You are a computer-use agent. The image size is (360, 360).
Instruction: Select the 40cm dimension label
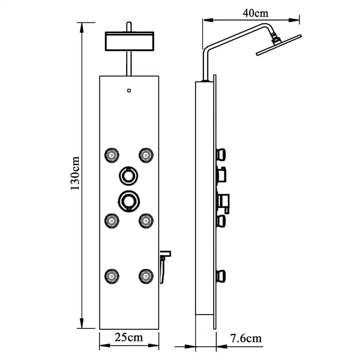coord(255,13)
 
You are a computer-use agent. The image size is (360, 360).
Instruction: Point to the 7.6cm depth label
coord(246,339)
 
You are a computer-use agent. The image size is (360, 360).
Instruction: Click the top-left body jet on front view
coord(112,155)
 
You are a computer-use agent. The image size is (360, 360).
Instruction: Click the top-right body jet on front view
coord(146,155)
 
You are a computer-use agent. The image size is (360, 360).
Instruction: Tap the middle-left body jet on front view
coord(112,220)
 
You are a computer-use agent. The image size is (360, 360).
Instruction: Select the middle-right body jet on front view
coord(146,220)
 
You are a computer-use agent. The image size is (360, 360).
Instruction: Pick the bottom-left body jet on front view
coord(112,275)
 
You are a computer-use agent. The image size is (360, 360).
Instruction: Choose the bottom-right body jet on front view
coord(146,275)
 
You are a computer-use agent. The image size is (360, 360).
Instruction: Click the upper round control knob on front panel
coord(129,175)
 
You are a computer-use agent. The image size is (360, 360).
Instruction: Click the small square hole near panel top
coord(129,90)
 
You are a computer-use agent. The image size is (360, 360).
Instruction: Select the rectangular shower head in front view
coord(129,41)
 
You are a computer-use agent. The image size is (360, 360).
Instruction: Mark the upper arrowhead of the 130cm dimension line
coord(82,27)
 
